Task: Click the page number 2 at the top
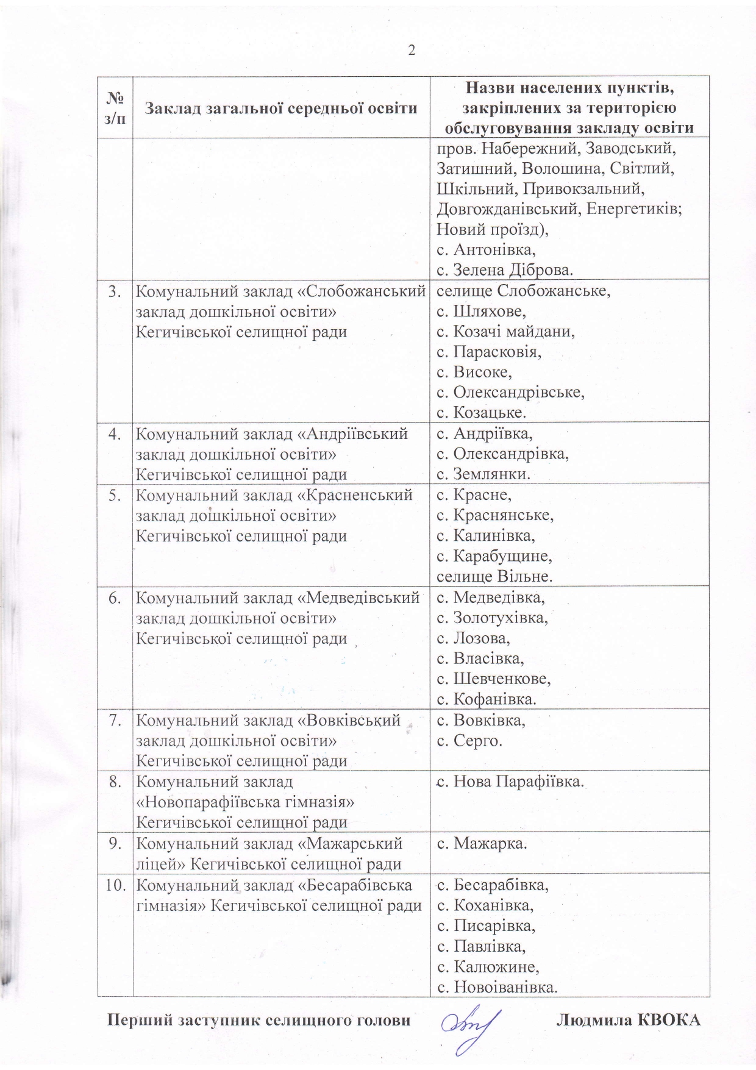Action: point(412,51)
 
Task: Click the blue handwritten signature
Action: point(469,1024)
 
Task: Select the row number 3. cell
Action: point(115,291)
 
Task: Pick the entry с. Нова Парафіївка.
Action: point(510,782)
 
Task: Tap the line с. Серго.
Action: point(469,741)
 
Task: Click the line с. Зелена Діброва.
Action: point(505,269)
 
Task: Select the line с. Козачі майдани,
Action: point(506,332)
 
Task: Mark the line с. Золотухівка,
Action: point(492,618)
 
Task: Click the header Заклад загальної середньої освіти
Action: point(281,109)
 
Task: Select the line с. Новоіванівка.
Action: point(497,986)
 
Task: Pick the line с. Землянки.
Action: point(483,474)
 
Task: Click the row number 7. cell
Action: point(115,721)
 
